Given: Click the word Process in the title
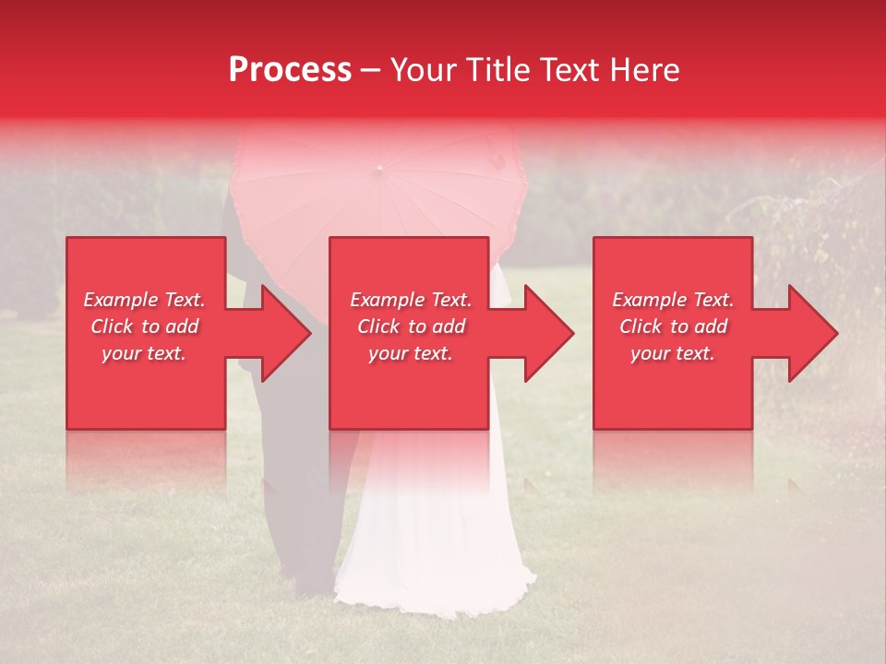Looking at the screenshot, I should [x=290, y=70].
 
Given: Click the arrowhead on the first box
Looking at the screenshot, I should [x=282, y=333].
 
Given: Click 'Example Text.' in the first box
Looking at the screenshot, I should [x=144, y=300].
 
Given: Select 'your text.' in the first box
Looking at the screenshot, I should [x=144, y=353].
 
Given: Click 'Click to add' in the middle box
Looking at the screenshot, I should [x=411, y=326].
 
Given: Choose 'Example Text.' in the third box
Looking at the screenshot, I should [x=673, y=300].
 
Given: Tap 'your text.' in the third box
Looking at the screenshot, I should [x=673, y=353].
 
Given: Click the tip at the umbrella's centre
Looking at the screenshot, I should [x=377, y=169].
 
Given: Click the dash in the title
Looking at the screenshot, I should [x=370, y=70].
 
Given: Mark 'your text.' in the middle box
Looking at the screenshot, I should [x=411, y=353].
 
